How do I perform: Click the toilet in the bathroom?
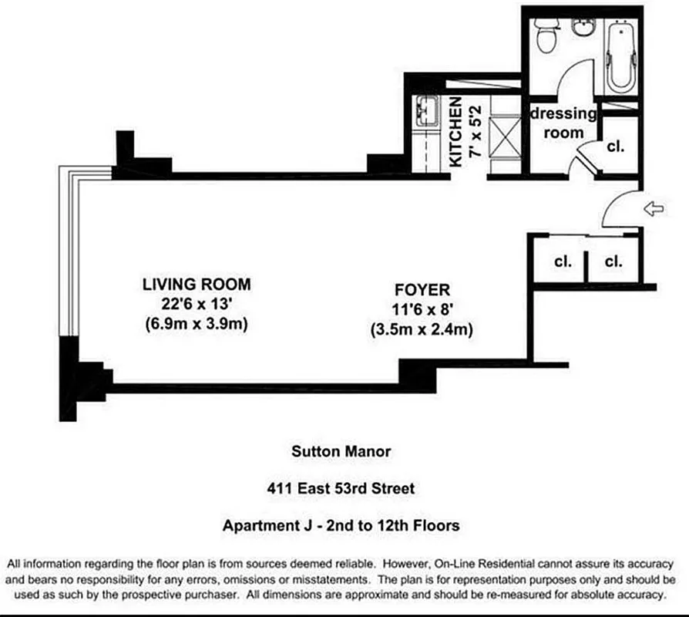(546, 35)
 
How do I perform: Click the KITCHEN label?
(455, 133)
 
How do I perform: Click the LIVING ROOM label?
(197, 284)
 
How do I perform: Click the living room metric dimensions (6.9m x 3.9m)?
(196, 324)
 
